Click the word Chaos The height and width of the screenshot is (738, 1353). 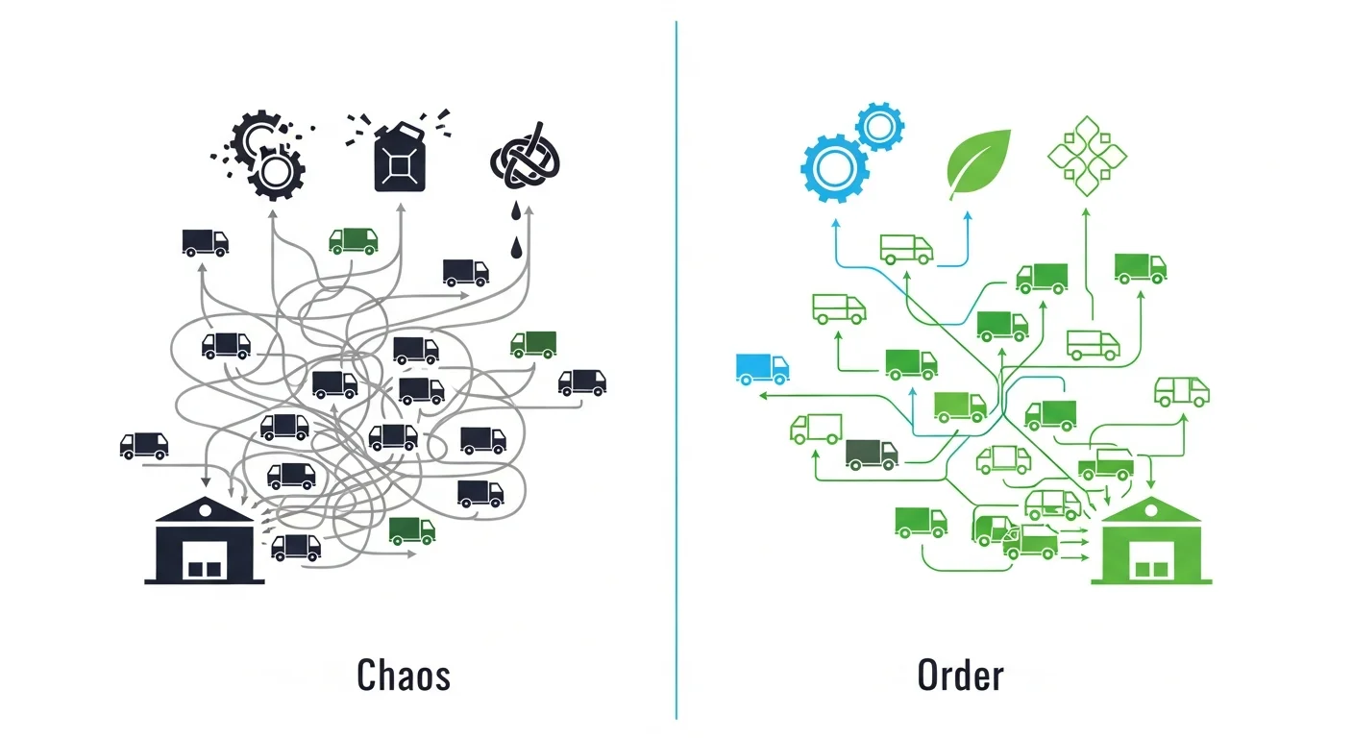pos(403,676)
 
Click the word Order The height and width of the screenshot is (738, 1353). pos(960,676)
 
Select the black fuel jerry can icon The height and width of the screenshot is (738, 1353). pos(399,159)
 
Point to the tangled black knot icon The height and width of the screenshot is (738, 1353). pos(525,160)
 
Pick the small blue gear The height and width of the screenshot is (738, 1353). pos(879,126)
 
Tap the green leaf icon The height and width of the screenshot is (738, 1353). pos(977,160)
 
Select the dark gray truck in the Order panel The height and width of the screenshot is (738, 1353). pos(872,454)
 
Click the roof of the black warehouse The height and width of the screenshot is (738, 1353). pos(204,510)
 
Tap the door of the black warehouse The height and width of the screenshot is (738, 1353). pos(205,558)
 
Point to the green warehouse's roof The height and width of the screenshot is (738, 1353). pos(1151,510)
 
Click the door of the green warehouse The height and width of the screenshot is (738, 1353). pos(1151,558)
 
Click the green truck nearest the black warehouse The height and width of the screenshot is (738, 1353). pos(411,529)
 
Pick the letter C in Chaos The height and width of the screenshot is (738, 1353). pos(366,676)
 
